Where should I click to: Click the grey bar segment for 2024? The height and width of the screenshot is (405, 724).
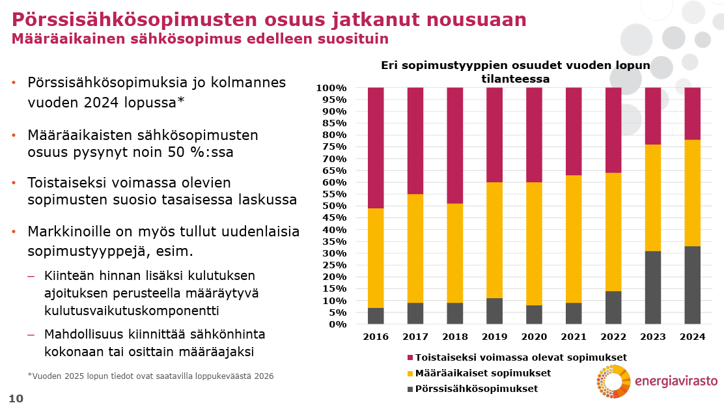click(x=692, y=285)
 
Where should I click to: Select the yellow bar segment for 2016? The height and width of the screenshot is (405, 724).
click(x=376, y=258)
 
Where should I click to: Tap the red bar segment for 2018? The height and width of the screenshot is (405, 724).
click(x=454, y=145)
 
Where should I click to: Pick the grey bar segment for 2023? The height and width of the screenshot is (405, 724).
click(x=653, y=287)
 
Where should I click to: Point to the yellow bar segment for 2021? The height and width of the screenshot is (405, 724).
click(x=574, y=239)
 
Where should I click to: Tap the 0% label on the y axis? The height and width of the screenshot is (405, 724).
click(x=339, y=324)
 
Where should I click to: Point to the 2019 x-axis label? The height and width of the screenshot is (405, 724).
click(x=494, y=337)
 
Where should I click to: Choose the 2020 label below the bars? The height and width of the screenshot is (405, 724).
click(x=534, y=337)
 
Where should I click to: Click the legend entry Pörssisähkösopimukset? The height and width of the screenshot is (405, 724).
click(x=476, y=389)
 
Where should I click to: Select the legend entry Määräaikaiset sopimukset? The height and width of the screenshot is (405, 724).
click(x=482, y=373)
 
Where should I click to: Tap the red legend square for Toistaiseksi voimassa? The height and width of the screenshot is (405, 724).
click(x=410, y=357)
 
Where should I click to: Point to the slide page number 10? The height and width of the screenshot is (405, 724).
click(x=16, y=398)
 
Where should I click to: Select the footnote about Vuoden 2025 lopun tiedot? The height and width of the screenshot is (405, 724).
click(x=150, y=376)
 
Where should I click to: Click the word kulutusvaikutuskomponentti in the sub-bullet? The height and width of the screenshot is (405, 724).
click(x=131, y=311)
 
